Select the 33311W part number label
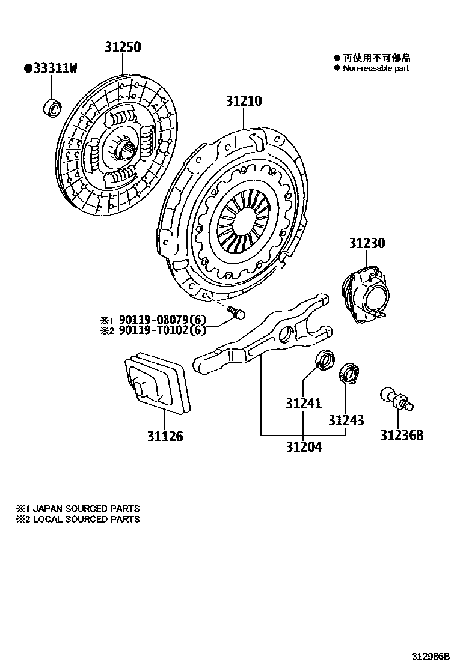click(51, 68)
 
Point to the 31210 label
click(244, 101)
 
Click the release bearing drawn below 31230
click(366, 293)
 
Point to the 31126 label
click(165, 436)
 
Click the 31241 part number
click(303, 404)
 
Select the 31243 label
click(346, 420)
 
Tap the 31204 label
click(303, 447)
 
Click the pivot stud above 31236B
click(395, 398)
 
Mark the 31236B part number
click(401, 435)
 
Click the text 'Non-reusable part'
click(376, 68)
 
